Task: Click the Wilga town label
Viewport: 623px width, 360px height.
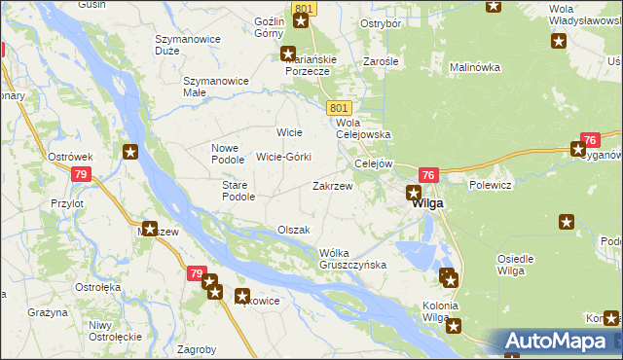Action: [x=428, y=204]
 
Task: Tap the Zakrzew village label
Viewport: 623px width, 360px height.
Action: [x=332, y=185]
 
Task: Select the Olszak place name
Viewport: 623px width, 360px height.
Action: [x=293, y=230]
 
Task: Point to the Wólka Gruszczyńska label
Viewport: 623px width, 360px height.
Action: [x=353, y=258]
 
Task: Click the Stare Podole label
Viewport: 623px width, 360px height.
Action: [x=238, y=190]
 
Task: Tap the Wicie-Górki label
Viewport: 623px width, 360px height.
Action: [x=283, y=157]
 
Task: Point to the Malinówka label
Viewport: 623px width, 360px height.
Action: [x=474, y=68]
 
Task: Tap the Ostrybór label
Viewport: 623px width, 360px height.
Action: [x=382, y=22]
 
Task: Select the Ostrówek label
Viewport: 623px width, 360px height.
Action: [x=70, y=156]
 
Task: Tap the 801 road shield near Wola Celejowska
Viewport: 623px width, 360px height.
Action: [x=339, y=107]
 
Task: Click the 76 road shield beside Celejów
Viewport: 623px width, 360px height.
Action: [x=430, y=174]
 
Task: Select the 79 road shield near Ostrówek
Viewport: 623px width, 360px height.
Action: [x=81, y=174]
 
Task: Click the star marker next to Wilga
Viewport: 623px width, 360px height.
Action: [x=414, y=193]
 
